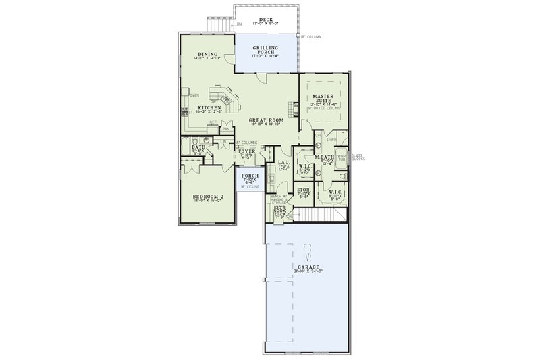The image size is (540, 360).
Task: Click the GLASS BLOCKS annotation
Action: point(357,157)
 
